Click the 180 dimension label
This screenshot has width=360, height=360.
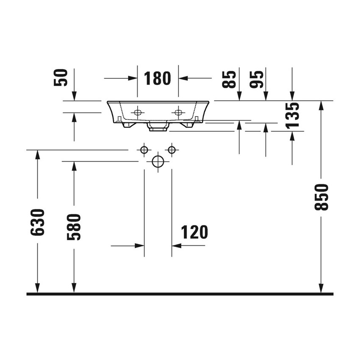[x=157, y=78]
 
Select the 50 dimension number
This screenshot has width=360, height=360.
[x=61, y=78]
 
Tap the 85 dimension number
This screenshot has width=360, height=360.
[x=229, y=79]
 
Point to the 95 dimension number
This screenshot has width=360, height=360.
[x=256, y=79]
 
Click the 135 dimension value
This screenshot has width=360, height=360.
[x=292, y=115]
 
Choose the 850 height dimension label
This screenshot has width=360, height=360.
[x=321, y=197]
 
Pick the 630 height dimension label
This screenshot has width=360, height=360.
[x=37, y=222]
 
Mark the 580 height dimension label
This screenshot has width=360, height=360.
[x=74, y=227]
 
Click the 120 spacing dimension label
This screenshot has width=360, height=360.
[x=194, y=232]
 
